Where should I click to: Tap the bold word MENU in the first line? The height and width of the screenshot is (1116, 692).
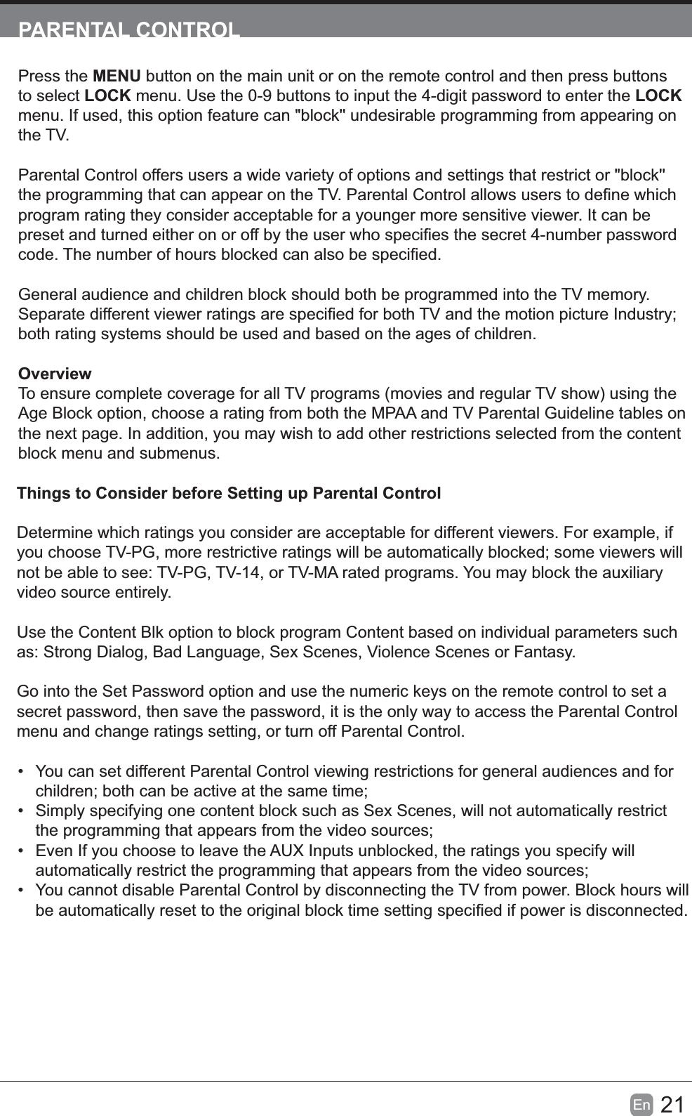[117, 76]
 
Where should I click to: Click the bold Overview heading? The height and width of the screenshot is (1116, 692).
[55, 374]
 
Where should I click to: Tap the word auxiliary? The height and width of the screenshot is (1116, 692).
[629, 572]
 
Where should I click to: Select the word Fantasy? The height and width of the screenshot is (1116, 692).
[543, 652]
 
